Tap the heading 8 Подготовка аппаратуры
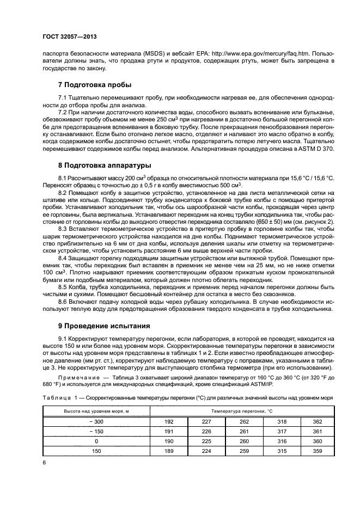105,165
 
